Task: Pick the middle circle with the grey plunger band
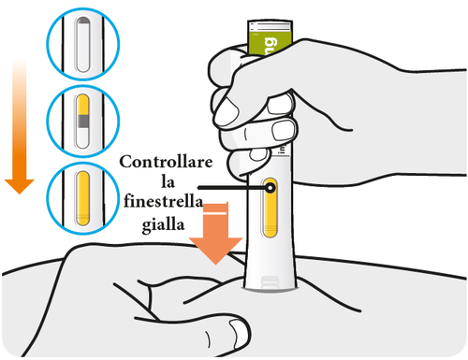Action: coord(84,120)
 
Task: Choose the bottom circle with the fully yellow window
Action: coord(84,195)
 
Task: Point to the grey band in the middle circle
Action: coord(84,121)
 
